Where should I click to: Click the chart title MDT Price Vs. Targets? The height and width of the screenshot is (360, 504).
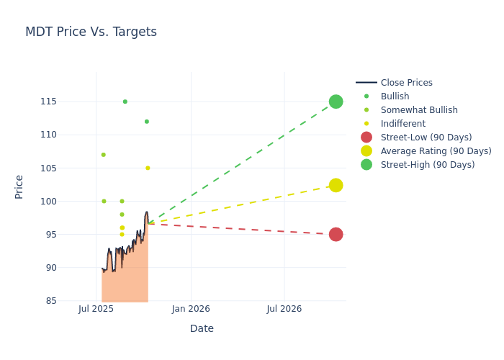click(x=91, y=32)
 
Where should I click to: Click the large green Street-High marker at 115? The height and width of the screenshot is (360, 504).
click(x=336, y=102)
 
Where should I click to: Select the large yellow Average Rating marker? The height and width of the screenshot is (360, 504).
click(x=336, y=185)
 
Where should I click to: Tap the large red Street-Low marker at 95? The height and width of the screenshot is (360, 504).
click(x=336, y=234)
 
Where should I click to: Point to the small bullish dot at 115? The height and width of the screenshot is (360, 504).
click(x=125, y=102)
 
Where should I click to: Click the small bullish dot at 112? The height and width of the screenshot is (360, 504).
click(x=146, y=122)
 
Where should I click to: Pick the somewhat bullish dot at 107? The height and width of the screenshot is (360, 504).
click(x=103, y=155)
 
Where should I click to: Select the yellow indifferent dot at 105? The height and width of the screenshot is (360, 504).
click(x=148, y=168)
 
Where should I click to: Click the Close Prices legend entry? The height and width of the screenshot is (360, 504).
click(x=406, y=83)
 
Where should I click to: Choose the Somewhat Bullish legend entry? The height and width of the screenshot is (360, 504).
click(x=418, y=110)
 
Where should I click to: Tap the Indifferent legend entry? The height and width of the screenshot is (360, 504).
click(x=402, y=124)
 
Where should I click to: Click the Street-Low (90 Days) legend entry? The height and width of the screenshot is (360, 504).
click(x=426, y=138)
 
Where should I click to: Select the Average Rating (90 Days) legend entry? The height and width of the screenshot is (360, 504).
click(x=436, y=151)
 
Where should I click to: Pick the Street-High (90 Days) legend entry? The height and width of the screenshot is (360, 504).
click(x=427, y=165)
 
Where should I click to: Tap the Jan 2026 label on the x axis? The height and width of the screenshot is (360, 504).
click(x=191, y=309)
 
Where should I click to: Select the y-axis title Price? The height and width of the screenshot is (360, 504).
click(x=19, y=186)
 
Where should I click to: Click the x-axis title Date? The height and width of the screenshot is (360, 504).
click(x=202, y=328)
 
